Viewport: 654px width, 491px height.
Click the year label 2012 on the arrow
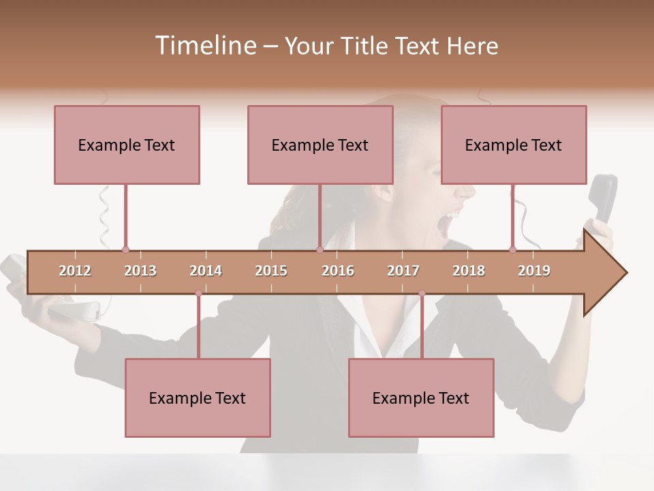click(x=75, y=271)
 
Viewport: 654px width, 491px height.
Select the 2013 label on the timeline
click(x=140, y=271)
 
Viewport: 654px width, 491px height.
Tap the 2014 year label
click(x=206, y=271)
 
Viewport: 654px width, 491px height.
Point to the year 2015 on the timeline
click(x=271, y=271)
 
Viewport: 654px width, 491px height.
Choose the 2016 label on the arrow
click(x=338, y=271)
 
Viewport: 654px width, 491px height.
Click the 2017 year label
click(x=403, y=271)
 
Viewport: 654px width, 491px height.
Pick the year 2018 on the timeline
click(x=469, y=271)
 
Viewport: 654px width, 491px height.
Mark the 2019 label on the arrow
click(x=534, y=271)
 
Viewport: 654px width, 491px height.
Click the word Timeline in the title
click(x=204, y=46)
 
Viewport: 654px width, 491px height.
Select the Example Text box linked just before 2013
click(x=127, y=145)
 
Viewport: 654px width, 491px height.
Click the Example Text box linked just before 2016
click(x=320, y=145)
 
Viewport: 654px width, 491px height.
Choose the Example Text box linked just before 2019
click(x=514, y=145)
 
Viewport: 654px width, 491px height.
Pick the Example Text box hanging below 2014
click(x=198, y=398)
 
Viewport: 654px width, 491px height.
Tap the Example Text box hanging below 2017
click(x=421, y=398)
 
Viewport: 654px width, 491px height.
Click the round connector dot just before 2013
click(x=125, y=250)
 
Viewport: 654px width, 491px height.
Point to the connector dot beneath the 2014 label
click(x=198, y=293)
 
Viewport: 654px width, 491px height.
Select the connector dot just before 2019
click(x=512, y=250)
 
